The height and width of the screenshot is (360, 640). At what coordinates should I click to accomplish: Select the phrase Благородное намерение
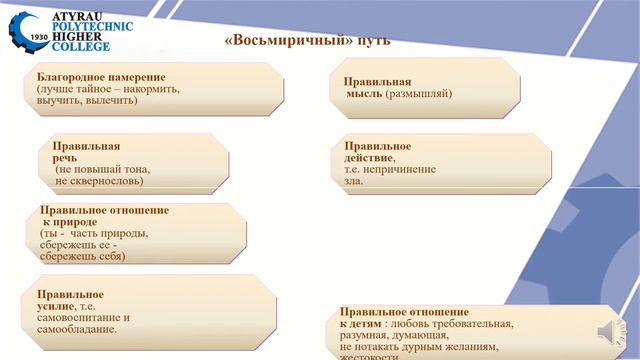(x=101, y=77)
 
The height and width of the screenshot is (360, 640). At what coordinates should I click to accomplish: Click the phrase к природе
(x=70, y=222)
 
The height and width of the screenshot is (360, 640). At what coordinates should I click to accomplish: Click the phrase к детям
(x=361, y=325)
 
